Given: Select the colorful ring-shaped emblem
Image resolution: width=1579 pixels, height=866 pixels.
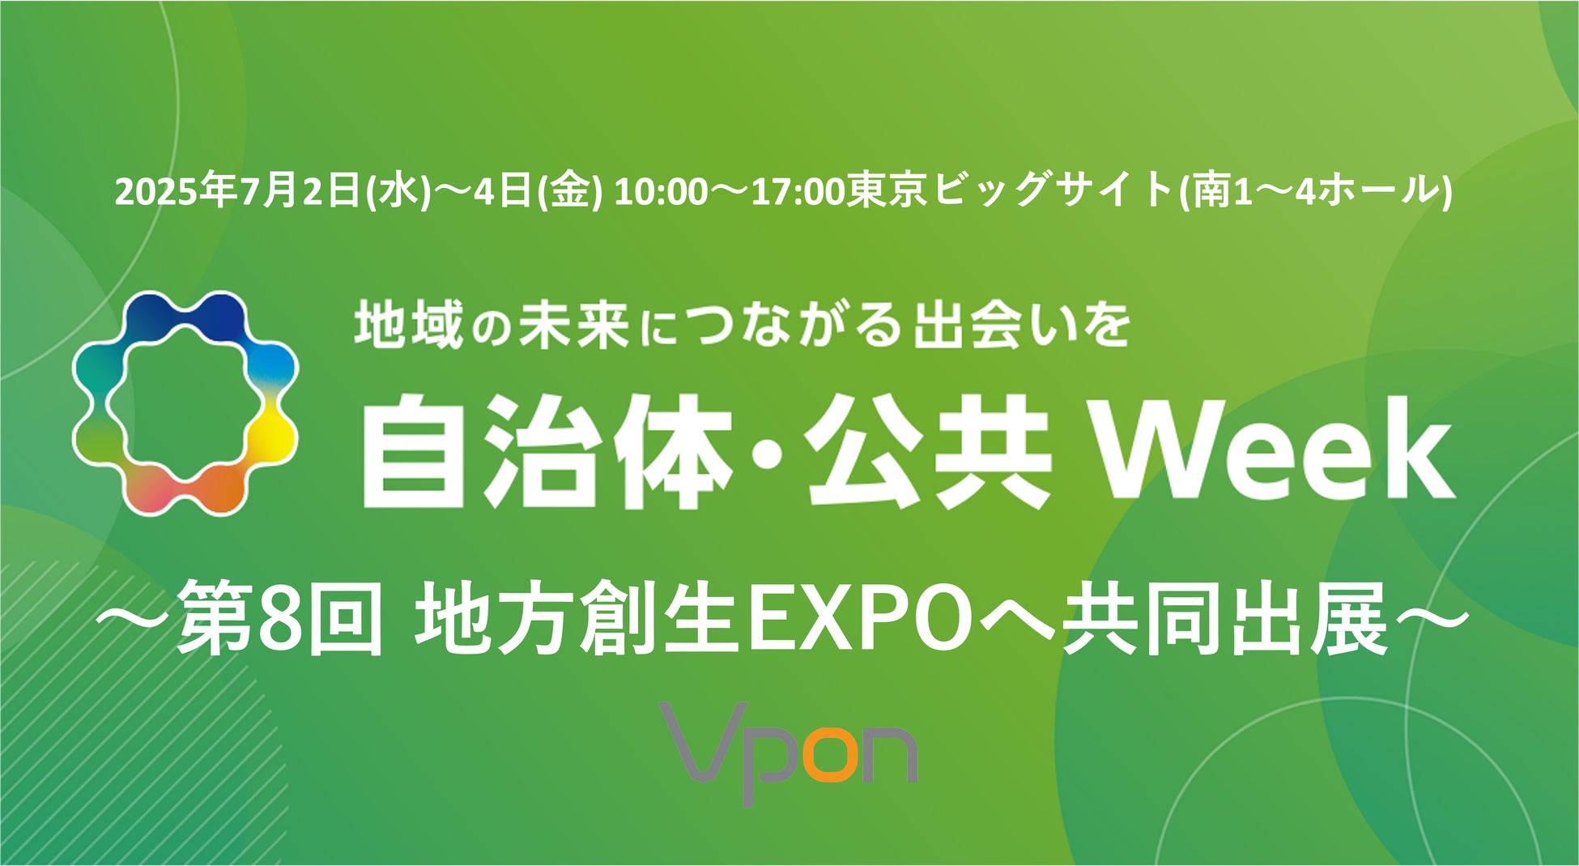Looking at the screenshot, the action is click(x=185, y=403).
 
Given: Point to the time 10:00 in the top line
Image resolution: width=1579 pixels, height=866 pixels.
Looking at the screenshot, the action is click(x=661, y=193).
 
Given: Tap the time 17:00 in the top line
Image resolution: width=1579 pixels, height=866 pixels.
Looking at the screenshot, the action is click(x=798, y=193).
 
